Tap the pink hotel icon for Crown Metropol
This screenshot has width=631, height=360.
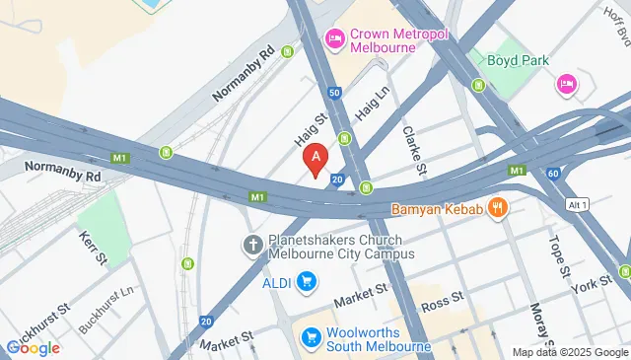pyautogui.click(x=334, y=38)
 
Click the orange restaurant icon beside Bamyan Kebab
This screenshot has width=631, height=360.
pyautogui.click(x=499, y=209)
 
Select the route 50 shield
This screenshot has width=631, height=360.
pyautogui.click(x=335, y=93)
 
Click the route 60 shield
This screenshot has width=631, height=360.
pyautogui.click(x=554, y=174)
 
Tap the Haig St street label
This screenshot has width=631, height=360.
pyautogui.click(x=312, y=129)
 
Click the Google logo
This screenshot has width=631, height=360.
pyautogui.click(x=33, y=347)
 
